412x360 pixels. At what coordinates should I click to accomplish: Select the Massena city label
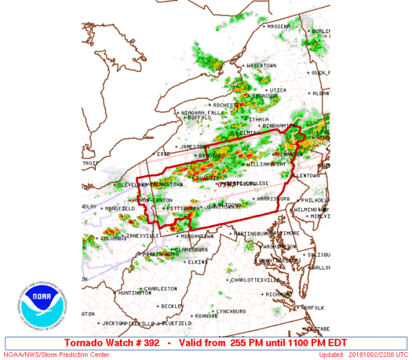click(279, 26)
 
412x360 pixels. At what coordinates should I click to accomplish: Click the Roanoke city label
click(206, 316)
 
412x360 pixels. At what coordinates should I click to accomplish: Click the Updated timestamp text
click(366, 355)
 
